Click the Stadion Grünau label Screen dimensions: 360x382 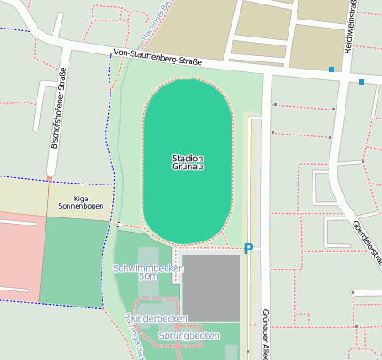click(x=188, y=162)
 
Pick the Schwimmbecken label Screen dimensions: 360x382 click(x=149, y=267)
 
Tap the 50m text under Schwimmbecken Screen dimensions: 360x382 click(x=149, y=277)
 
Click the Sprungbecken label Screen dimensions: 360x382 click(x=189, y=335)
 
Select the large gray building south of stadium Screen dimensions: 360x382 click(x=210, y=287)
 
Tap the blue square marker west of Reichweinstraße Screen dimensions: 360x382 click(x=331, y=70)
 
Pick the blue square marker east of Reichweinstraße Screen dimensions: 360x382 click(x=362, y=82)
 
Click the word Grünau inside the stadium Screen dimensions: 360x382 click(x=188, y=168)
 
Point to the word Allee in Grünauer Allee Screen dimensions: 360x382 click(x=264, y=348)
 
